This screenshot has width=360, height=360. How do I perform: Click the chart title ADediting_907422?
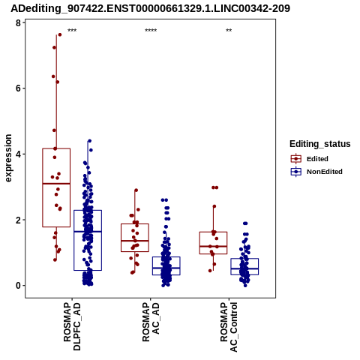pyautogui.click(x=150, y=8)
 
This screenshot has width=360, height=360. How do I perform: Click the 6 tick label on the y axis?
pyautogui.click(x=18, y=88)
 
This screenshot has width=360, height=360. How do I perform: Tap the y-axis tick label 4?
pyautogui.click(x=18, y=154)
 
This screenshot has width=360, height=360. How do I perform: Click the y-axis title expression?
pyautogui.click(x=8, y=158)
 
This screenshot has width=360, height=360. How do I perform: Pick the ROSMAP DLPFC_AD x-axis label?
pyautogui.click(x=72, y=326)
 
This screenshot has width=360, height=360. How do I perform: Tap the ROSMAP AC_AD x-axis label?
pyautogui.click(x=151, y=322)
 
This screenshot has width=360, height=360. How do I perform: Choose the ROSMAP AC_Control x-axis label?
pyautogui.click(x=229, y=327)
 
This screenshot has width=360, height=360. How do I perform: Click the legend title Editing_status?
pyautogui.click(x=320, y=144)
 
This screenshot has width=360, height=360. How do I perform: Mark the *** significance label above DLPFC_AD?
pyautogui.click(x=72, y=31)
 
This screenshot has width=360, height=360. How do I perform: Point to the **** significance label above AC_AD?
pyautogui.click(x=151, y=31)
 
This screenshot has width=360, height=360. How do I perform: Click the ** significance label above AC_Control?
pyautogui.click(x=229, y=31)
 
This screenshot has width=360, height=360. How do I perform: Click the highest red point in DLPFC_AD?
pyautogui.click(x=60, y=34)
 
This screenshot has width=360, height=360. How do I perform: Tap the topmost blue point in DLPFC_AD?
pyautogui.click(x=89, y=141)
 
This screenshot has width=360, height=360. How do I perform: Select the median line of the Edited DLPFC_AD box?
pyautogui.click(x=56, y=184)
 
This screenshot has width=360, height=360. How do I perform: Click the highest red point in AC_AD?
pyautogui.click(x=136, y=190)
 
